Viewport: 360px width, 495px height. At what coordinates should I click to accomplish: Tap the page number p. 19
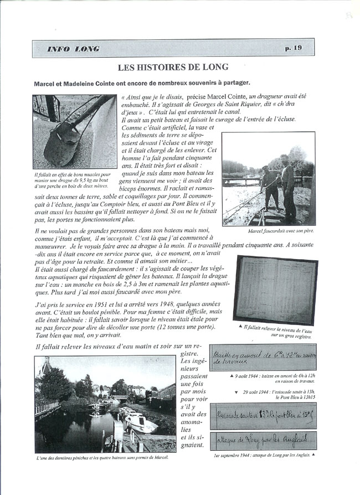click(x=293, y=48)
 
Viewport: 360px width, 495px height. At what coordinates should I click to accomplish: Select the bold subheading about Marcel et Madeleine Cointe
click(x=142, y=82)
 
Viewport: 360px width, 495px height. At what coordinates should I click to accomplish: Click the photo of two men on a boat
click(x=268, y=178)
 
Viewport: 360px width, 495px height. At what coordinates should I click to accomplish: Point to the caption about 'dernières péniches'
click(x=101, y=458)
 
